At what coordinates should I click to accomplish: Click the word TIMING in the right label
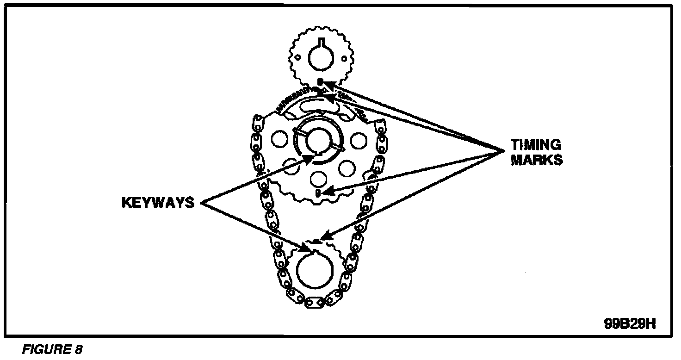[x=536, y=145]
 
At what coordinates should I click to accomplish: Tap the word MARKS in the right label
[x=537, y=160]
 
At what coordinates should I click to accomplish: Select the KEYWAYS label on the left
[x=158, y=203]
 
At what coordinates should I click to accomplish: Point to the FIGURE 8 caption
[x=52, y=349]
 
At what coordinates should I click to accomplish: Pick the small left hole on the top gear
[x=298, y=58]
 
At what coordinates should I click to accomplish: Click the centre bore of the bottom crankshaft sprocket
[x=315, y=271]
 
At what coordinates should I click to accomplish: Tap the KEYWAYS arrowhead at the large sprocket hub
[x=310, y=158]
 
